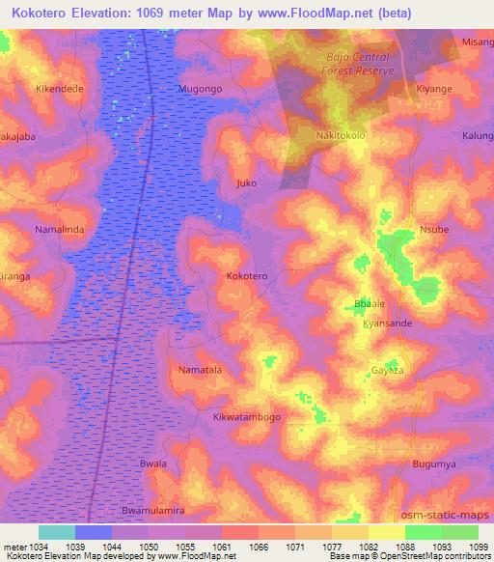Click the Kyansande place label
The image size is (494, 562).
tap(388, 323)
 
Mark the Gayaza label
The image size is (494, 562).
tap(387, 371)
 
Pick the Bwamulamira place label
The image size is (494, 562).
tap(152, 509)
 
